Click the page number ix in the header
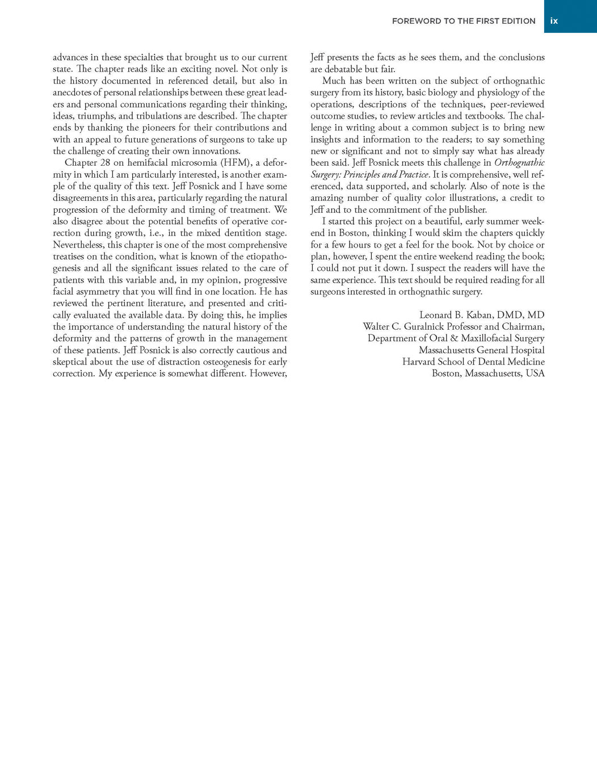pyautogui.click(x=554, y=21)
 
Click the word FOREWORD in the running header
pyautogui.click(x=416, y=21)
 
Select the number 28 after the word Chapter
pyautogui.click(x=104, y=163)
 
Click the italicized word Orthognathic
pyautogui.click(x=519, y=163)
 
